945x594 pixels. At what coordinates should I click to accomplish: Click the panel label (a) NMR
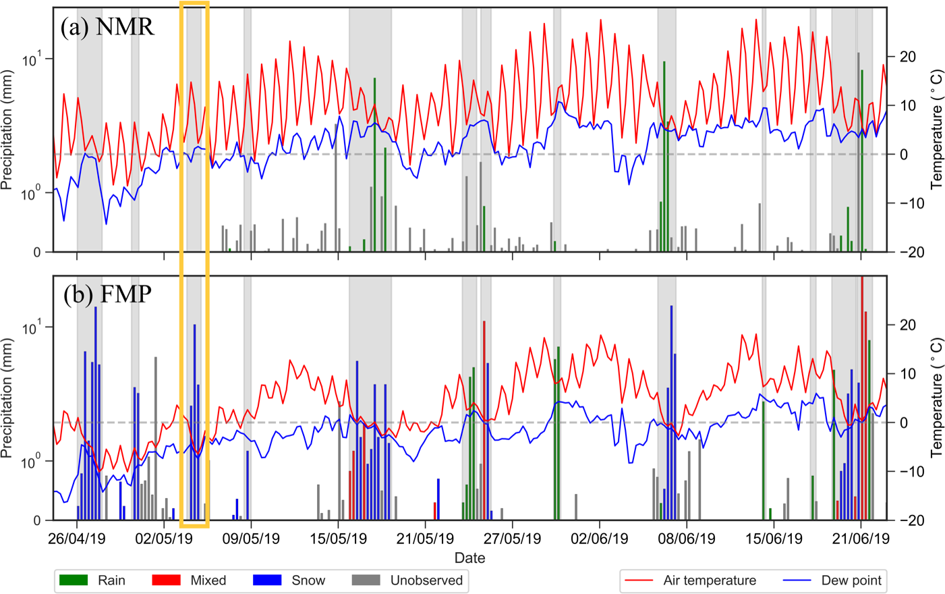tap(107, 26)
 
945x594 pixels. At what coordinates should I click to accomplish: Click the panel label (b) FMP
tap(107, 294)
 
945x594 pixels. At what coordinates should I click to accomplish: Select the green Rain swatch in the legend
tap(74, 580)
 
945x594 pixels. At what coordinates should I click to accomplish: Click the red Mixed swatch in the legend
tap(166, 580)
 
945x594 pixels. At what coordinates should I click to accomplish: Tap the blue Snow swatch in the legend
tap(267, 580)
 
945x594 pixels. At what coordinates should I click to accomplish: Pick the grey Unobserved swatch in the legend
tap(366, 580)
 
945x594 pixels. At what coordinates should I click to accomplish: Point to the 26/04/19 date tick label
tap(77, 539)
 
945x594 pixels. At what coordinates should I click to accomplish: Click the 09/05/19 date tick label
tap(251, 539)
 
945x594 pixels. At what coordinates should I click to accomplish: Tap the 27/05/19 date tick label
tap(512, 539)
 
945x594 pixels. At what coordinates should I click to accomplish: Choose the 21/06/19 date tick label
tap(860, 539)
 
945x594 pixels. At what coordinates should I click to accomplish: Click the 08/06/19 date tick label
tap(687, 539)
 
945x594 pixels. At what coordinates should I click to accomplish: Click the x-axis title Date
tap(469, 558)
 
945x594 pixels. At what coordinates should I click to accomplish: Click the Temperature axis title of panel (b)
tap(937, 397)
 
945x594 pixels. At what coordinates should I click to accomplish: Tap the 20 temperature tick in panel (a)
tap(908, 57)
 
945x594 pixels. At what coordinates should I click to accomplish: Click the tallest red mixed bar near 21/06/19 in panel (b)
tap(862, 398)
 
